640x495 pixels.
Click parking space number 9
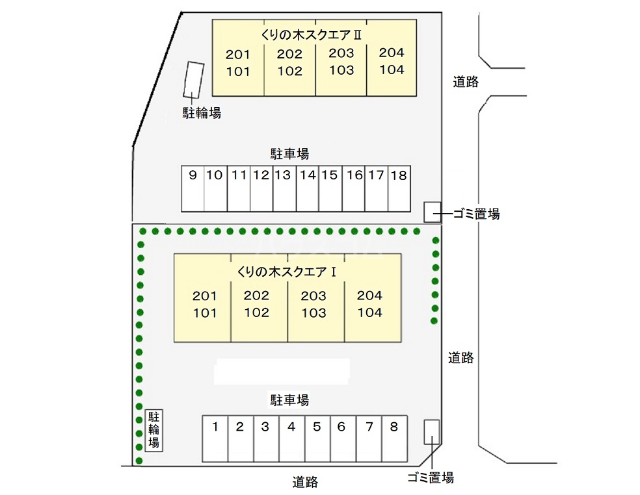pos(193,188)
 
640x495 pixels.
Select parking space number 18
pos(399,188)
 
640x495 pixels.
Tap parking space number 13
pos(284,188)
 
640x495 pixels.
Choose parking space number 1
pos(215,438)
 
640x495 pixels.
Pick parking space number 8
pos(394,438)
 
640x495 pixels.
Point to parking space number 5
pos(317,438)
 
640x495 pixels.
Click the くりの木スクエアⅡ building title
pos(311,35)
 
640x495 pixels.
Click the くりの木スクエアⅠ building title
pos(287,272)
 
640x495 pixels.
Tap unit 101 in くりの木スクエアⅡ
pos(238,71)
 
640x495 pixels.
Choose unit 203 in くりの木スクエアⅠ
pos(313,296)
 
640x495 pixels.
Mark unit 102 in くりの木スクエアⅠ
pos(257,312)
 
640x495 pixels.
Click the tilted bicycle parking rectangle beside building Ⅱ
pos(193,80)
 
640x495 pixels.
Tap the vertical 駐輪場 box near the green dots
pos(154,430)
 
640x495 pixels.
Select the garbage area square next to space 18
pos(433,212)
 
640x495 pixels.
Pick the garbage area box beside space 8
pos(432,432)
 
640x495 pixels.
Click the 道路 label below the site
pos(305,482)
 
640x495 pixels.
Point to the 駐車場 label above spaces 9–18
pos(289,154)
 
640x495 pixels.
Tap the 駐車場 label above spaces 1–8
pos(289,400)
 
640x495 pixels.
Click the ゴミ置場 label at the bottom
pos(431,477)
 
